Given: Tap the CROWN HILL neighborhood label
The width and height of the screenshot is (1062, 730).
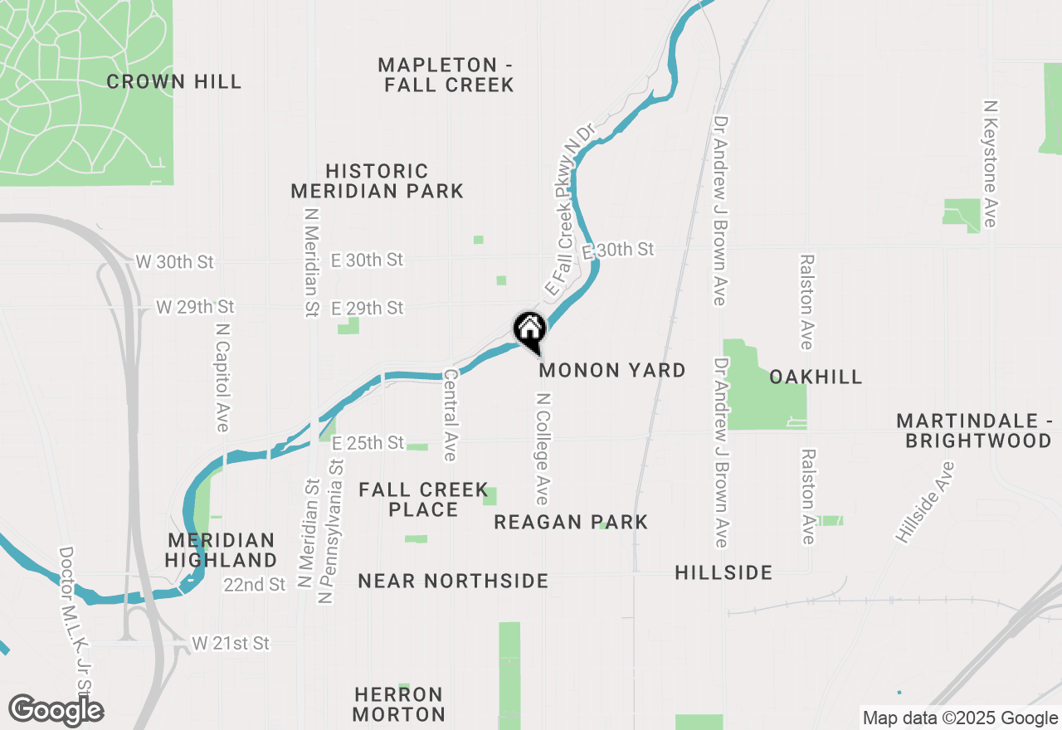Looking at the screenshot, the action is [x=174, y=81].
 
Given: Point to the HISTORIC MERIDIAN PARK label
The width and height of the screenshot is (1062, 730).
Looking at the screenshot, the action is [x=377, y=181].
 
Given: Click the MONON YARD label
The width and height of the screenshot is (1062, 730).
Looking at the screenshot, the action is [x=612, y=370].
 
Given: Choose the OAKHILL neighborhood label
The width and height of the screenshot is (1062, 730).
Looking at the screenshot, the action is [x=816, y=377].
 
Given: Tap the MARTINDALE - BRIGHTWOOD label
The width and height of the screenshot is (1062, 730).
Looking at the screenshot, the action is [x=974, y=431].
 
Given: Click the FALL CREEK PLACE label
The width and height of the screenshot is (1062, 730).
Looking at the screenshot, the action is [x=423, y=499].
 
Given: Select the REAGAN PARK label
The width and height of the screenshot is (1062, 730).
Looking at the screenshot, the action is [x=571, y=522].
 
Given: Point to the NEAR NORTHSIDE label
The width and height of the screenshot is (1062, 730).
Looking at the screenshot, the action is [x=453, y=581].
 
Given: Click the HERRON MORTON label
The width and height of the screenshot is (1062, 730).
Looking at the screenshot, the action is [x=399, y=703].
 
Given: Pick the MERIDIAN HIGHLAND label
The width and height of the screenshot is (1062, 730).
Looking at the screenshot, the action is [x=220, y=550].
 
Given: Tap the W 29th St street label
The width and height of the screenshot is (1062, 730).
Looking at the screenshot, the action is [x=196, y=307].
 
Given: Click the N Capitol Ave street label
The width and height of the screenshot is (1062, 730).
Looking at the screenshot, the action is [x=222, y=377].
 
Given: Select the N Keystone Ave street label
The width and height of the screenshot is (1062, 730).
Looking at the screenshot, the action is [x=989, y=164].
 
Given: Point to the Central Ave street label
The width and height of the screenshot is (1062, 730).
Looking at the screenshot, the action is [x=451, y=416].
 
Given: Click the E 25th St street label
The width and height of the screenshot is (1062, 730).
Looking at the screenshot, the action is [x=368, y=443].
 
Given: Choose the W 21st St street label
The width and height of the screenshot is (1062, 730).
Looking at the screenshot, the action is [x=231, y=643].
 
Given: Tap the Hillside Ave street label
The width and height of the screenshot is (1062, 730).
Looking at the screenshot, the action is [x=924, y=503].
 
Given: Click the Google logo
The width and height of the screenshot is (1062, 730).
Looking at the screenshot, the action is [x=56, y=710].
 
